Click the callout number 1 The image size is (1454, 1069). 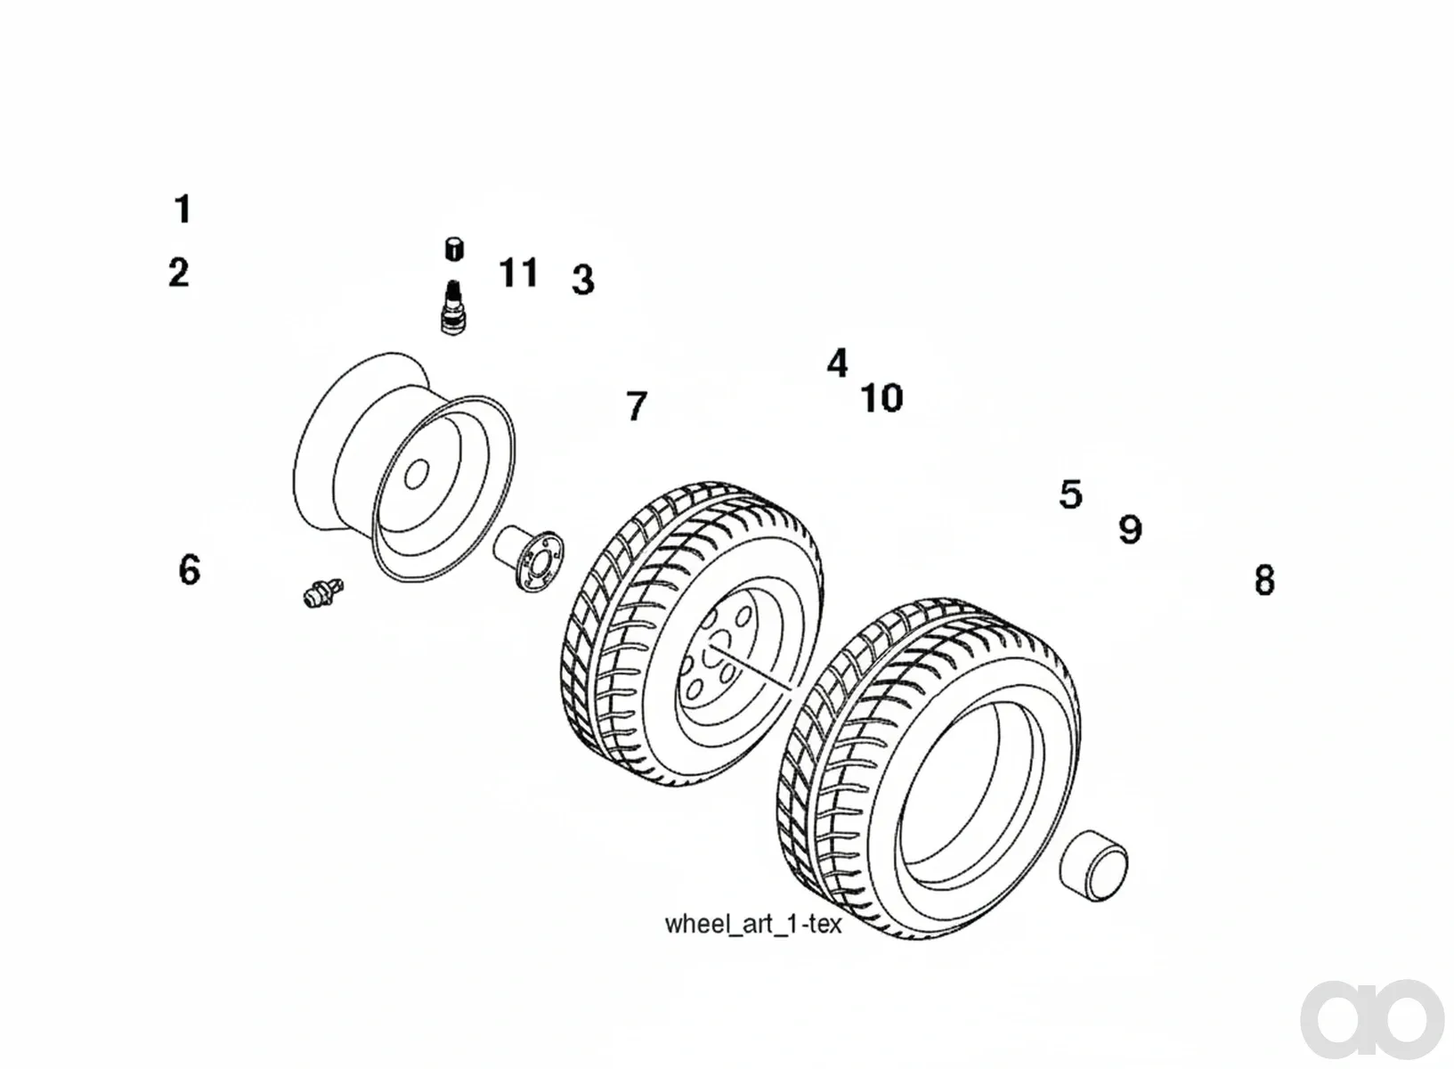(183, 209)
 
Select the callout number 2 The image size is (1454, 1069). (178, 272)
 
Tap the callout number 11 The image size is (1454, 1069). (518, 272)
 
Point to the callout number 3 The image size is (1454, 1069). (583, 280)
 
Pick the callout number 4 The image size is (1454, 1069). (837, 363)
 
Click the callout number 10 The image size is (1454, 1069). (881, 398)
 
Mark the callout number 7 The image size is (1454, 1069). (637, 406)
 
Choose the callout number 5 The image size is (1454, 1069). (1070, 494)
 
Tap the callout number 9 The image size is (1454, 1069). (1130, 529)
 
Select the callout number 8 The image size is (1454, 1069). (1264, 580)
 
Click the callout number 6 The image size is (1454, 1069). (190, 569)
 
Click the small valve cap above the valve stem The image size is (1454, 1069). (454, 249)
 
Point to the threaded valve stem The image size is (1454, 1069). (454, 307)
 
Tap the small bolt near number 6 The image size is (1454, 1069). (323, 592)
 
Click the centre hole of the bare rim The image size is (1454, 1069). (416, 474)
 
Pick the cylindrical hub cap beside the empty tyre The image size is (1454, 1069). (1093, 865)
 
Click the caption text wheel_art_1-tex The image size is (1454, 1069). (753, 924)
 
